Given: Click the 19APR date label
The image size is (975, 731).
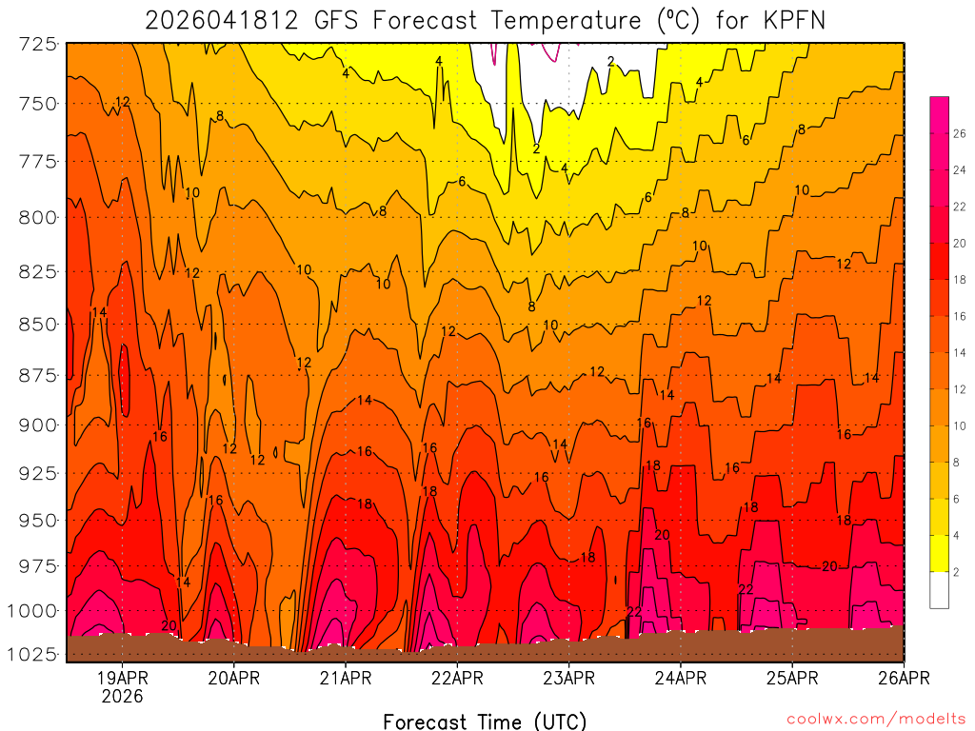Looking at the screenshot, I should [x=123, y=678].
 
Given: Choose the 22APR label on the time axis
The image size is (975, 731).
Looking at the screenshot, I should [x=457, y=678].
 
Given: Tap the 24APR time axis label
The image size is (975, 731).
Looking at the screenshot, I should [x=681, y=678].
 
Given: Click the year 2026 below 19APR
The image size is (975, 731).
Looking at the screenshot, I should [x=123, y=697].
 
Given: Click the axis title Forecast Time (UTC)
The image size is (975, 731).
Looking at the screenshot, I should [x=485, y=721].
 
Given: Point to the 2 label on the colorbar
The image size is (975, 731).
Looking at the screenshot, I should [x=956, y=571].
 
